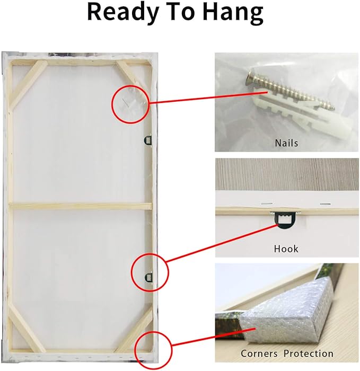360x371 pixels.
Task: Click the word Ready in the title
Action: coord(122,13)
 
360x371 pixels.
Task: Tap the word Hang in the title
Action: coord(233,13)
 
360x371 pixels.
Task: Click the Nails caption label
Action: coord(286,143)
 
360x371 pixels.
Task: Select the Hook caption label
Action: coord(286,249)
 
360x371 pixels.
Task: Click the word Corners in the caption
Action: coord(259,354)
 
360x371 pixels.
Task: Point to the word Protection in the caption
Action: coord(309,354)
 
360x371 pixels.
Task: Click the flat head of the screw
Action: coord(250,79)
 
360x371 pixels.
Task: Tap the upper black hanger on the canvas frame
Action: coord(148,140)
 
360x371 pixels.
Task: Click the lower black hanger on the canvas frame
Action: coord(149,277)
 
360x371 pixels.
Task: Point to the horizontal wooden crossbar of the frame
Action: coord(81,206)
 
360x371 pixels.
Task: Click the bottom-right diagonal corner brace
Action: coord(134,328)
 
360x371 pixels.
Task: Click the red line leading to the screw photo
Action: coord(208,97)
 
